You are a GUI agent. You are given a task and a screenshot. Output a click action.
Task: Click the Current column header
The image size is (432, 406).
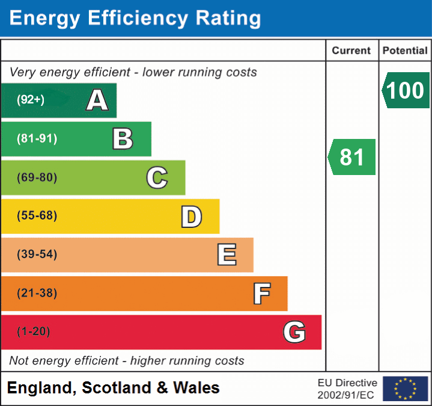[x=351, y=51]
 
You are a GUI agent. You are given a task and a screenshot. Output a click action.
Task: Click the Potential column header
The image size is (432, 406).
[x=405, y=51]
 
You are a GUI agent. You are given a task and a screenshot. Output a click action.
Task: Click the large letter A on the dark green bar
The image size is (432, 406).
[x=97, y=100]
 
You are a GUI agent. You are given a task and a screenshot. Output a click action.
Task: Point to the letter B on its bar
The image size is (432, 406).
[x=123, y=139]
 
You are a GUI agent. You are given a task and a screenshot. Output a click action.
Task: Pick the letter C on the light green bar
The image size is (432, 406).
[x=157, y=177]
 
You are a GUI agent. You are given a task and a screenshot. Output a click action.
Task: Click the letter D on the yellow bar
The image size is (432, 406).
[x=191, y=216]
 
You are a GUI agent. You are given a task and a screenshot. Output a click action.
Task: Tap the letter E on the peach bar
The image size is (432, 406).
[x=227, y=254]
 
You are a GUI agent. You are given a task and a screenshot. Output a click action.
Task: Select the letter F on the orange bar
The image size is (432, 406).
[x=261, y=294]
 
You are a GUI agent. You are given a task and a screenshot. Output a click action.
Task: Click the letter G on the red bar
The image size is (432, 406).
[x=294, y=332]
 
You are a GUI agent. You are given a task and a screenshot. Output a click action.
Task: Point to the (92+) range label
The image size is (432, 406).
[x=31, y=100]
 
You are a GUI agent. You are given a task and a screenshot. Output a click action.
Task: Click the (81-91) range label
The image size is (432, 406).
[x=37, y=139]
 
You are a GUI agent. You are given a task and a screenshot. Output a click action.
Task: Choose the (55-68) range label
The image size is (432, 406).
[x=37, y=216]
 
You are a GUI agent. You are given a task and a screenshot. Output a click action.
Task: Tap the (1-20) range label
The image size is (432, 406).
[x=34, y=332]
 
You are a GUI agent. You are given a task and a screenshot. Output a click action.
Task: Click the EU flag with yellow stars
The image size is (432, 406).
[x=405, y=389]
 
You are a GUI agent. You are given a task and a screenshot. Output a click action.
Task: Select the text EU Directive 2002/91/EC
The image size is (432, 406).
[x=347, y=389]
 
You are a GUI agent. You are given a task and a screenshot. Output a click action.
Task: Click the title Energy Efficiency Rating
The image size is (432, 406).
[x=135, y=18]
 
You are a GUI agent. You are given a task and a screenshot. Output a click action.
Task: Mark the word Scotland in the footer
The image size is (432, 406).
[x=117, y=388]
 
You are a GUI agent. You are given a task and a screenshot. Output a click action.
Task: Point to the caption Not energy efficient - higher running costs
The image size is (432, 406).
[x=127, y=361]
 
